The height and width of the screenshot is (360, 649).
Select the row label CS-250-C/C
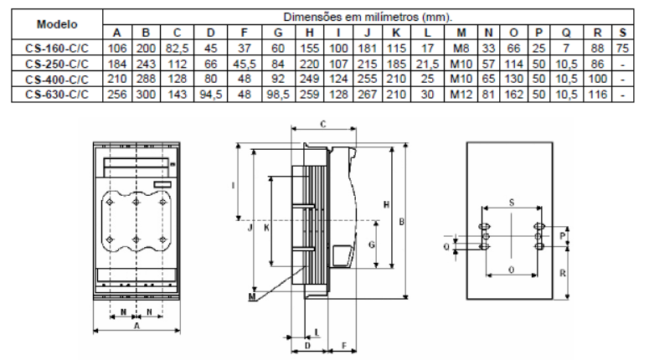click(x=53, y=63)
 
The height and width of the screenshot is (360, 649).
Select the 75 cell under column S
click(x=623, y=49)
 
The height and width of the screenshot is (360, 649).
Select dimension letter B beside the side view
click(x=403, y=222)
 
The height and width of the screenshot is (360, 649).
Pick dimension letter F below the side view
click(x=344, y=345)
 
